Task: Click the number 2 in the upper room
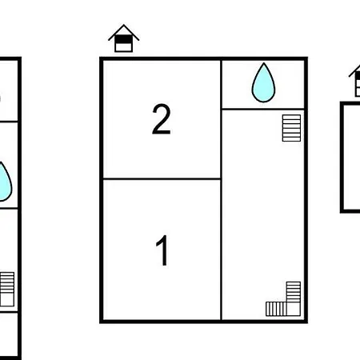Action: point(162,119)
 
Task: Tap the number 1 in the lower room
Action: point(162,250)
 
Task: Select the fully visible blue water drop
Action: point(263,82)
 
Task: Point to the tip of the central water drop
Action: point(264,63)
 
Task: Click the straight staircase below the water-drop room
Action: point(291,128)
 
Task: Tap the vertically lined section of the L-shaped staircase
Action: point(276,309)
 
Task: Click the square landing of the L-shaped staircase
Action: point(294,309)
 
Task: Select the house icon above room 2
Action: point(123,38)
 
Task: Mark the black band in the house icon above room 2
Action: point(123,39)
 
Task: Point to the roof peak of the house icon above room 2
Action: point(124,25)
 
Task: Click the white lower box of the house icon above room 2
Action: point(123,47)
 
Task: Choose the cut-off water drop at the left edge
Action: point(4,182)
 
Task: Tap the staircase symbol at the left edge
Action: point(7,290)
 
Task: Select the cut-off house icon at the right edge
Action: point(355,81)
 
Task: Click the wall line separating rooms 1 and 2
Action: point(162,178)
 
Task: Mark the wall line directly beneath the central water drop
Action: point(263,109)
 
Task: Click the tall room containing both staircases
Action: point(263,214)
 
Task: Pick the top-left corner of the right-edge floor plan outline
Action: point(342,103)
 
